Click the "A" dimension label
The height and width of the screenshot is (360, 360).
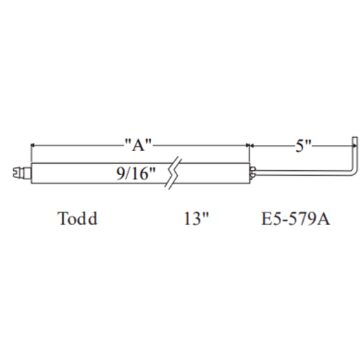coord(139,145)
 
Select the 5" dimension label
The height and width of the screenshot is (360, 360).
coord(303,146)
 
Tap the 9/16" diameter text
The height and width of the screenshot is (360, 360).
coord(136,174)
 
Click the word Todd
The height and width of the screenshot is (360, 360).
coord(77,219)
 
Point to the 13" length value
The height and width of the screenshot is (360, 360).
coord(196,219)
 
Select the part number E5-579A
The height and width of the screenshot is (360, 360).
coord(295,219)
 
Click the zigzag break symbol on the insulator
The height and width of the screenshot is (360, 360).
coord(174,173)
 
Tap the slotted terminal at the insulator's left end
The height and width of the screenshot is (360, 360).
coord(22,173)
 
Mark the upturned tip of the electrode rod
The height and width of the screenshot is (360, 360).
coord(355,141)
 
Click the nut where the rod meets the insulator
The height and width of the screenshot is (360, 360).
coord(252,173)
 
